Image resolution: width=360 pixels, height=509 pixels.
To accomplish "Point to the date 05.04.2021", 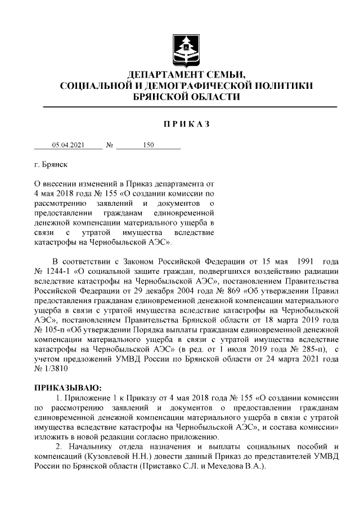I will pyautogui.click(x=68, y=145).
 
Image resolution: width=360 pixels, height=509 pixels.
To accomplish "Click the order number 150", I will pyautogui.click(x=148, y=145).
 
